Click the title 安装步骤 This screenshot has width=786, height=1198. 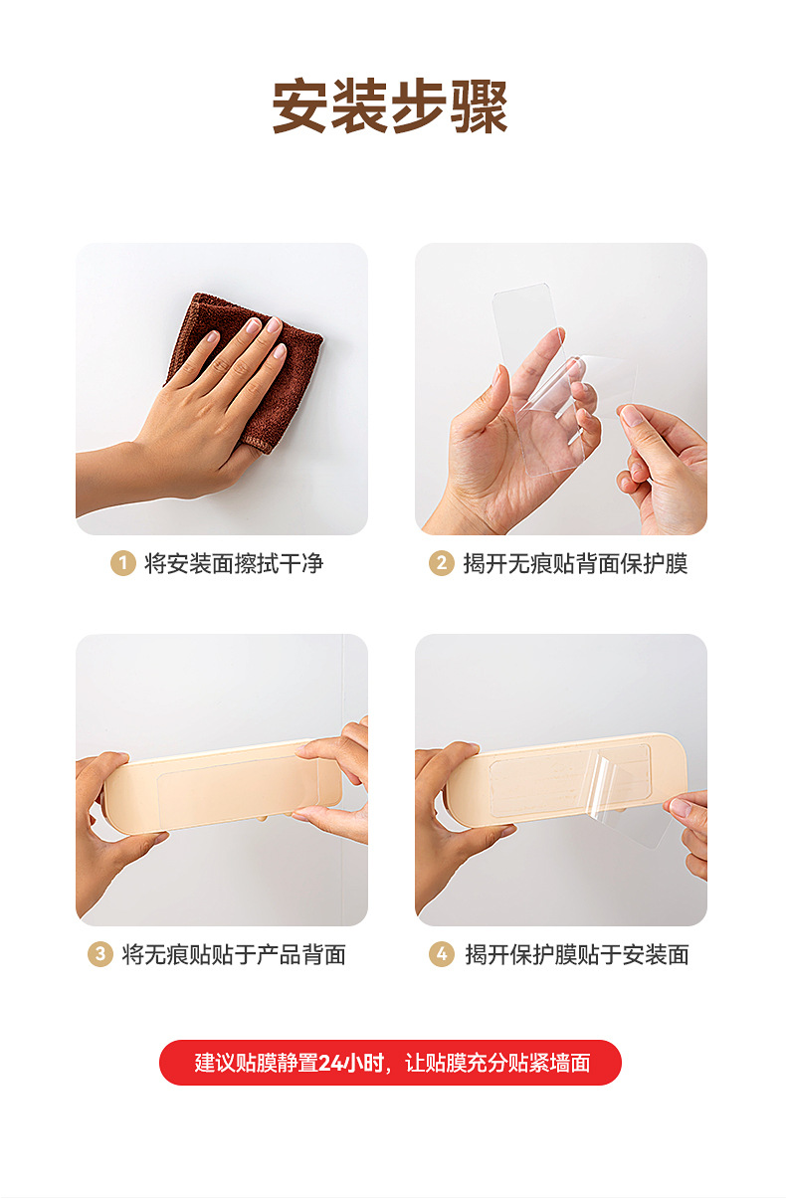coord(390,106)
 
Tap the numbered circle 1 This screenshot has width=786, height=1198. coord(123,563)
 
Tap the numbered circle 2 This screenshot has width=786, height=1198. coord(441,563)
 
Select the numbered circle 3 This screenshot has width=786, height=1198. coord(99,954)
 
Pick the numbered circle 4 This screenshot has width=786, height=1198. coord(441,954)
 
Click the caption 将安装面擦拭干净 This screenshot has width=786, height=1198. coord(234,564)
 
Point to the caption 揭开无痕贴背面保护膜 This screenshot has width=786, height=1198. coord(575,564)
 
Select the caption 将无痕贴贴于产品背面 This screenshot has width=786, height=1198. coord(234,954)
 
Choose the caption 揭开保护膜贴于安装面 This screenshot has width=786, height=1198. coord(577,954)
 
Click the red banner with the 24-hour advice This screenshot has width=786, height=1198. coord(390,1063)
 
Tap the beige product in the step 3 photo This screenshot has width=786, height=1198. coord(223,785)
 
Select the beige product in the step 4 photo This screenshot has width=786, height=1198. coord(564,778)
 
